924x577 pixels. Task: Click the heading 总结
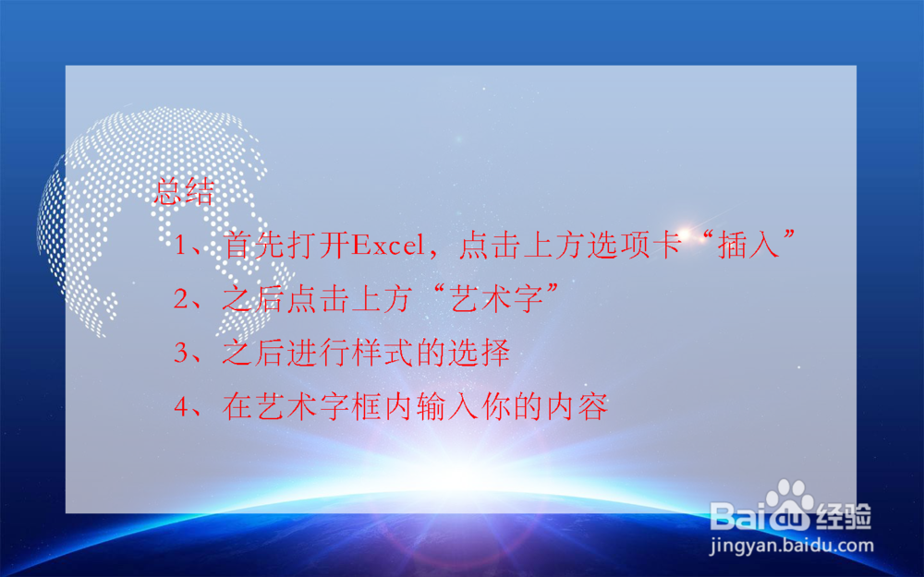click(184, 191)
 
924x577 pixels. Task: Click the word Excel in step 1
click(388, 245)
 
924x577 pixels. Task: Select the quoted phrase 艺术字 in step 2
click(495, 298)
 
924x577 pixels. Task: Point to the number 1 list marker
click(179, 245)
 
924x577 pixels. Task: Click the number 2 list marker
click(180, 298)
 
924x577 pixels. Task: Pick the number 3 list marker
click(180, 352)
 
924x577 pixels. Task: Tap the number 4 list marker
click(180, 406)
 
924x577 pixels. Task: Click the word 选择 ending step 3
click(479, 352)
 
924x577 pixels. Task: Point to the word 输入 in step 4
click(447, 406)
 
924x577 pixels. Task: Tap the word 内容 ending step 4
click(577, 406)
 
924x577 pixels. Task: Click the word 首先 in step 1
click(255, 245)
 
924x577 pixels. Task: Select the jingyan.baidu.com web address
click(791, 546)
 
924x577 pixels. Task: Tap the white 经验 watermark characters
click(844, 516)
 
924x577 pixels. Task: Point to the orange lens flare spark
click(685, 234)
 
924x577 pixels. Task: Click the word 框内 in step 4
click(383, 406)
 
